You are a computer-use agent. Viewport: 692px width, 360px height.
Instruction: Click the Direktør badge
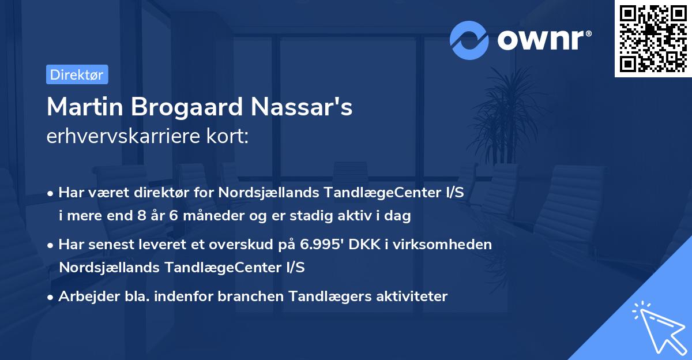click(77, 74)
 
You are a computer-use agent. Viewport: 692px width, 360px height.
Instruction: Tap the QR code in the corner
click(653, 39)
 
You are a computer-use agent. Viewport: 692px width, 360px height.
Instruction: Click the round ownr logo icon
click(469, 40)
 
